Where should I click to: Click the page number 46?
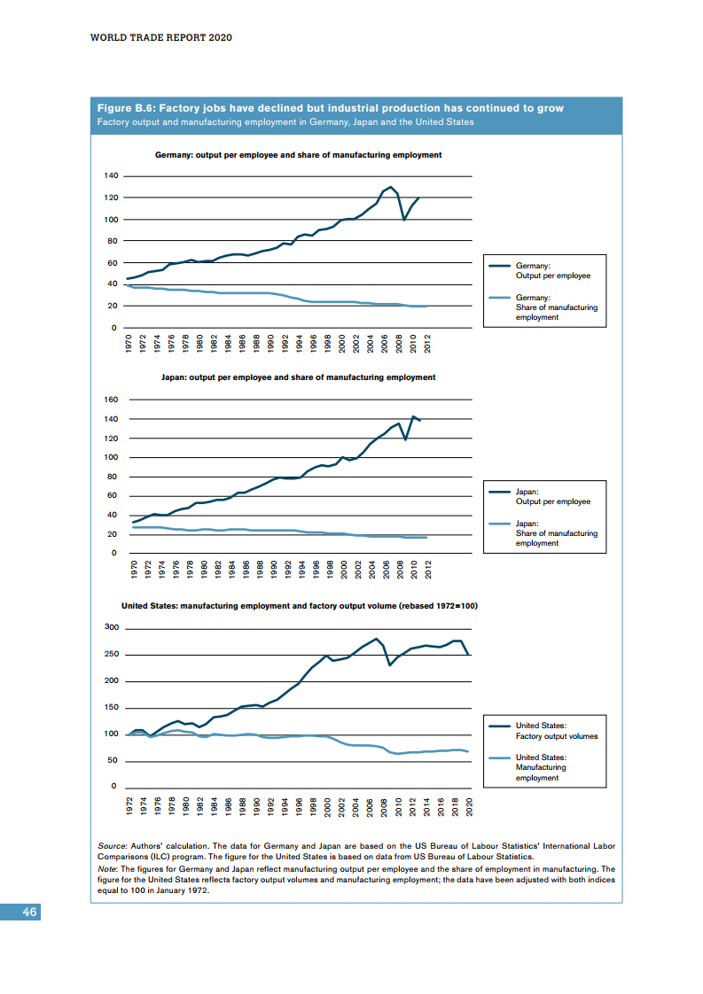(29, 912)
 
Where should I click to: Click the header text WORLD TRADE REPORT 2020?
(162, 38)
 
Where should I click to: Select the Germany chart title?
(298, 155)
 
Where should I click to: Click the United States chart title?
(300, 606)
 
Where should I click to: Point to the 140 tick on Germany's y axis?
(111, 175)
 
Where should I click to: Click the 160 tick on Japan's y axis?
(111, 400)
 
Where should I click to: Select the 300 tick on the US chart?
(111, 627)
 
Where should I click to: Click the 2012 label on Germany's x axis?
(427, 344)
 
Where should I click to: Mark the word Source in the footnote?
(111, 846)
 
